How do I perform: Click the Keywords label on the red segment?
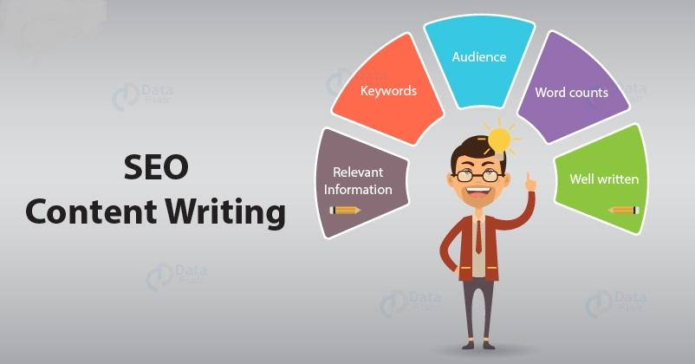pos(387,90)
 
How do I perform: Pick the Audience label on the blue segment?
pos(479,57)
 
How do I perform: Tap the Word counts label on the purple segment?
pos(571,92)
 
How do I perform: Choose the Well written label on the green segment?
pos(604,179)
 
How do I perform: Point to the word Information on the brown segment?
pos(359,189)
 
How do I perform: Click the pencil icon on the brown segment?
pos(345,210)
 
